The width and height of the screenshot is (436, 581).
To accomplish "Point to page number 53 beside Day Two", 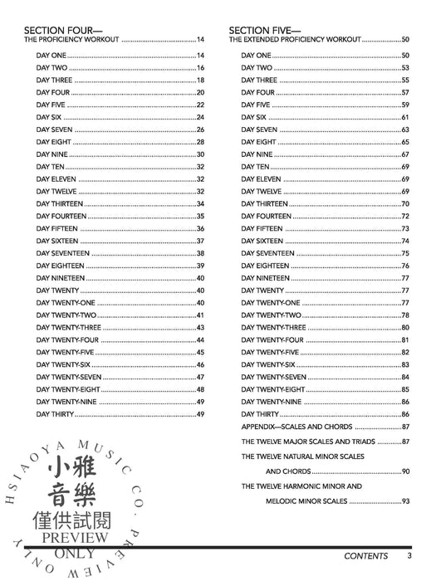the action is coord(405,67).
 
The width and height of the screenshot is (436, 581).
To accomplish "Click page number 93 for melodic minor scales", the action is coord(405,501).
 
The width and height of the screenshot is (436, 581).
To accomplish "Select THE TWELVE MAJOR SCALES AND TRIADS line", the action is coord(308,442).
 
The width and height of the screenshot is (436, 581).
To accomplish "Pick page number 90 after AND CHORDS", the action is coord(405,471).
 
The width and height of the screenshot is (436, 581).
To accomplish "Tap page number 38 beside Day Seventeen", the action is coord(200,253).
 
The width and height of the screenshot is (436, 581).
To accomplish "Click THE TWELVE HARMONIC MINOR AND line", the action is coord(301,486).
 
